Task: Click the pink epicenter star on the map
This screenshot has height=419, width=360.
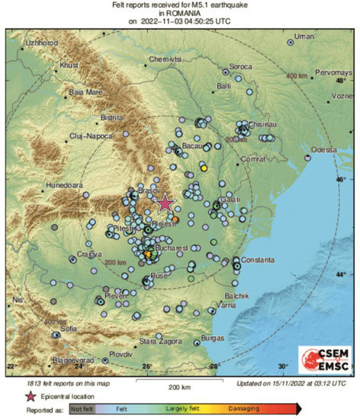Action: point(165,203)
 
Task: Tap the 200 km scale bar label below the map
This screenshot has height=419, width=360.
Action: point(179,387)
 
